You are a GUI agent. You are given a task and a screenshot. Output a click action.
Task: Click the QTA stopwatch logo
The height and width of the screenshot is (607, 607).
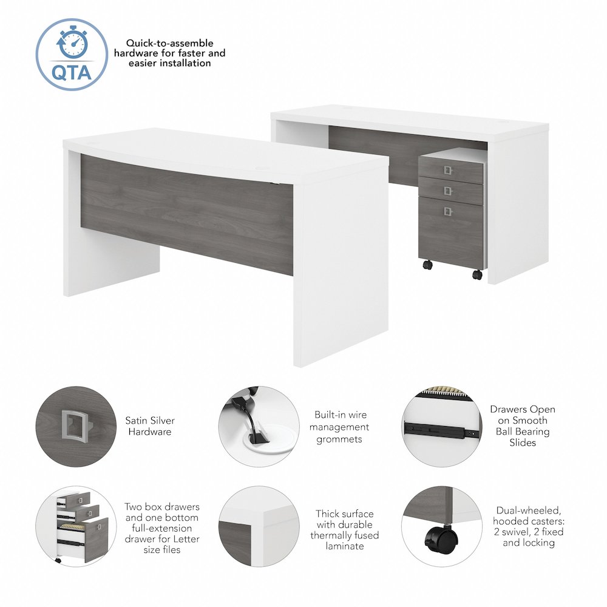(x=72, y=54)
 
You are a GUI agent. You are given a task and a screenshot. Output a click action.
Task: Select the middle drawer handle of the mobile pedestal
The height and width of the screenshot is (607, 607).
(x=448, y=191)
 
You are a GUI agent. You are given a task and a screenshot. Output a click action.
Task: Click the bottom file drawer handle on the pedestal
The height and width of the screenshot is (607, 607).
(x=448, y=211)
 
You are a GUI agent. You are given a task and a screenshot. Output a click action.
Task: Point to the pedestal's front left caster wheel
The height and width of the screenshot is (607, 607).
(x=427, y=265)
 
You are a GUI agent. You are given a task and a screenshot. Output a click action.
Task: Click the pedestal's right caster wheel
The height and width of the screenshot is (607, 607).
(x=477, y=274)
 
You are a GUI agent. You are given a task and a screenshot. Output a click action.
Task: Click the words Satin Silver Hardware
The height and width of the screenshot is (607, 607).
(x=149, y=426)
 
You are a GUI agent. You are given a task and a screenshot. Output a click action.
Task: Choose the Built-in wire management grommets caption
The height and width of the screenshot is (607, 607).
(x=341, y=427)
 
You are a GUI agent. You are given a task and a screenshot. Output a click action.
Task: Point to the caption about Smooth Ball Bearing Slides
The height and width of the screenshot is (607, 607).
(x=523, y=426)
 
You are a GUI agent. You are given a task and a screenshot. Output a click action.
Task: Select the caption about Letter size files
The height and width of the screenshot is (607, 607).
(x=161, y=528)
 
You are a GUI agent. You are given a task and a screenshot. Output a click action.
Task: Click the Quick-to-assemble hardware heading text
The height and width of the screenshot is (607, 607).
(x=169, y=53)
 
